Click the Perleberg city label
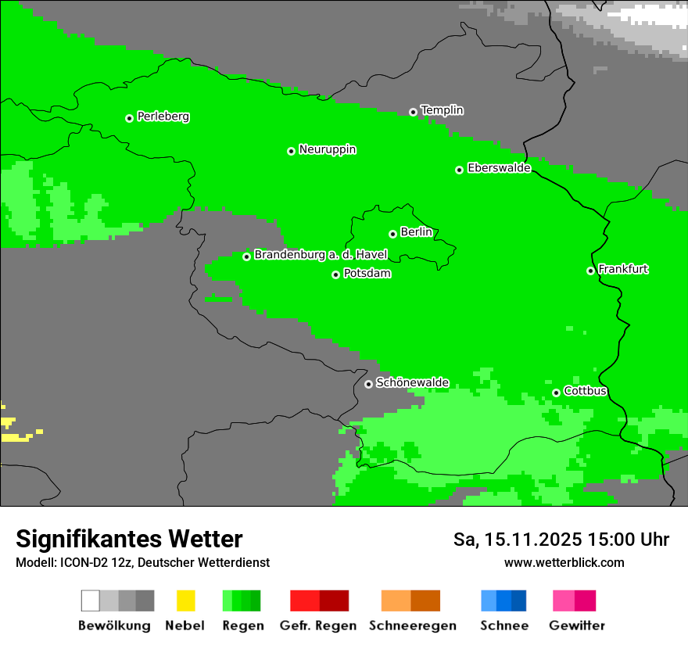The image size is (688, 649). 163,117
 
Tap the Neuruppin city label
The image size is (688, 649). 327,149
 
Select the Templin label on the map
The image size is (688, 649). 442,110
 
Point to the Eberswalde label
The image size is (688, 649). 499,168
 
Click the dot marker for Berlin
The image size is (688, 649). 392,234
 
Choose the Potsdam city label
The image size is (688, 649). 367,274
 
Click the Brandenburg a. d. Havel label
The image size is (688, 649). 321,255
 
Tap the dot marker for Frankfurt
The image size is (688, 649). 590,271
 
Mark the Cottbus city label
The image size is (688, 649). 585,391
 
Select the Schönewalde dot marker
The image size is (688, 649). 368,384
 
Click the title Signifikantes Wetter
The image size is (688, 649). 129,539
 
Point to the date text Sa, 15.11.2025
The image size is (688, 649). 518,540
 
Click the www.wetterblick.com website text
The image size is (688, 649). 564,562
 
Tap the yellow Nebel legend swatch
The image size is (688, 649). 185,601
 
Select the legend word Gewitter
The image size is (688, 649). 576,626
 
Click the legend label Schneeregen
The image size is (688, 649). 412,626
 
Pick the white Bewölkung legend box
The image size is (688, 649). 91,601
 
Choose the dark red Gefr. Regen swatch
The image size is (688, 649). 334,601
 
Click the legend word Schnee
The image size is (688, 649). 503,626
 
